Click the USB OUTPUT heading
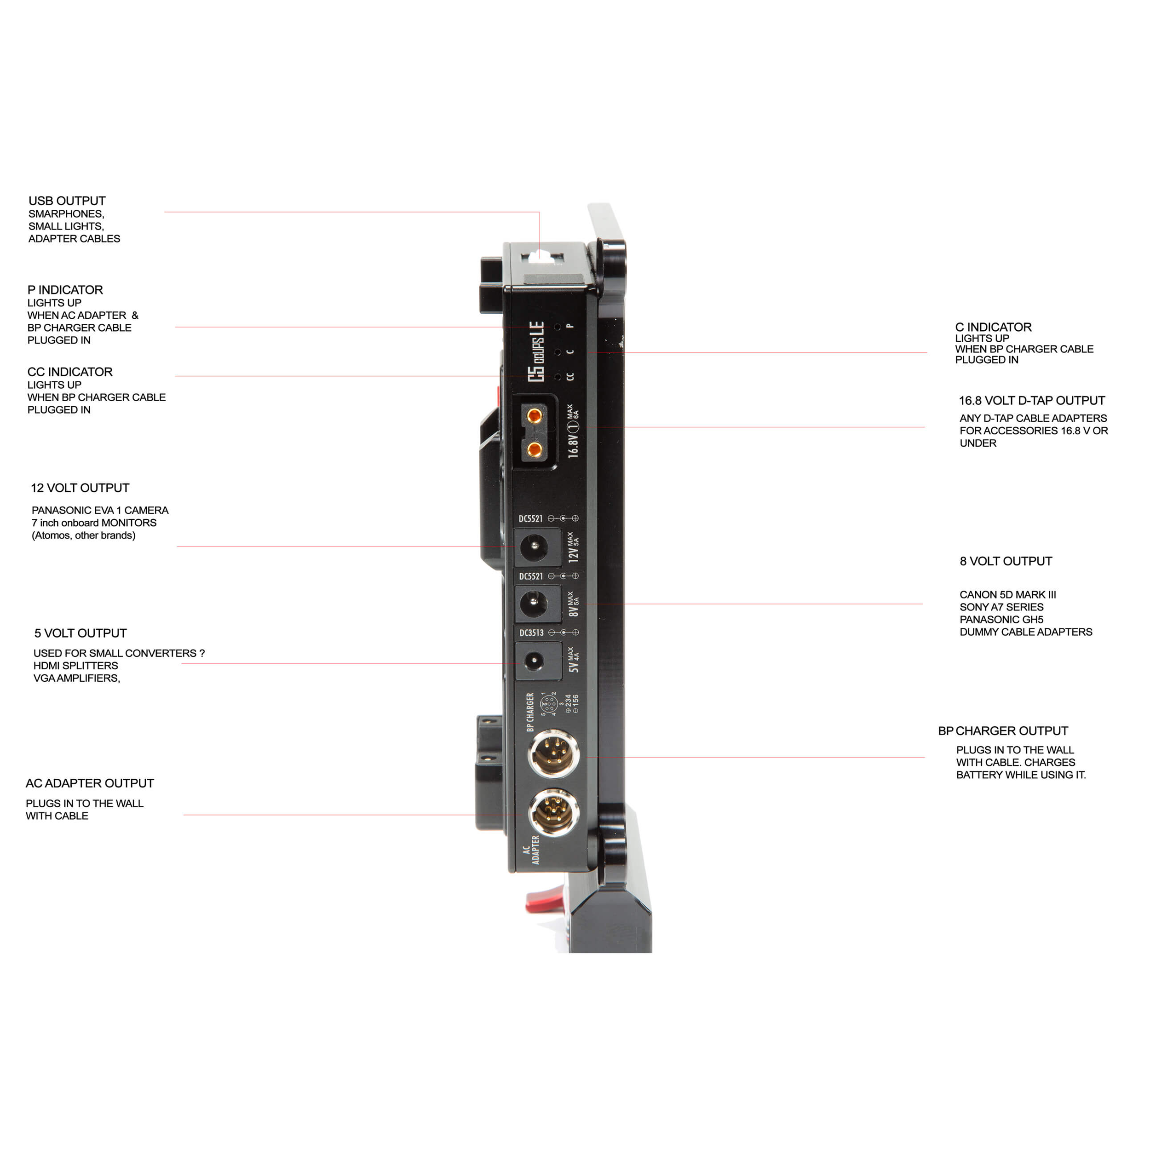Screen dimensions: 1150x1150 tap(67, 201)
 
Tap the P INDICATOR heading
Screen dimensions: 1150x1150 tap(65, 290)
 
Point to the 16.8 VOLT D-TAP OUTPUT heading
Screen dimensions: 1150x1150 tap(1031, 401)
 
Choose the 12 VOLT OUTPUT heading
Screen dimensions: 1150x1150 tap(80, 488)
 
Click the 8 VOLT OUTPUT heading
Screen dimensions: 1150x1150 tap(1006, 561)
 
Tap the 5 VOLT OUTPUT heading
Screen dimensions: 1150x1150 tap(80, 633)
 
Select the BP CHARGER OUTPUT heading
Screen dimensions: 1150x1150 tap(1003, 731)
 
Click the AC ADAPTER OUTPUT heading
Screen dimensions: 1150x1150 tap(89, 783)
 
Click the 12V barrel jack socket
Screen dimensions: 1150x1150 tap(534, 546)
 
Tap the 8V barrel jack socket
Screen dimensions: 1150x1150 tap(534, 604)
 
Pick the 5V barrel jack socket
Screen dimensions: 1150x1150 tap(534, 661)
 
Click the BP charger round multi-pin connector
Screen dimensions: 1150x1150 tap(553, 754)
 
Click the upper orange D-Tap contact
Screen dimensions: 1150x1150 tap(535, 415)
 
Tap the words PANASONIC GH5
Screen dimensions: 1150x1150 tap(1001, 620)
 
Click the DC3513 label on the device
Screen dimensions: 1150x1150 tap(531, 633)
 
